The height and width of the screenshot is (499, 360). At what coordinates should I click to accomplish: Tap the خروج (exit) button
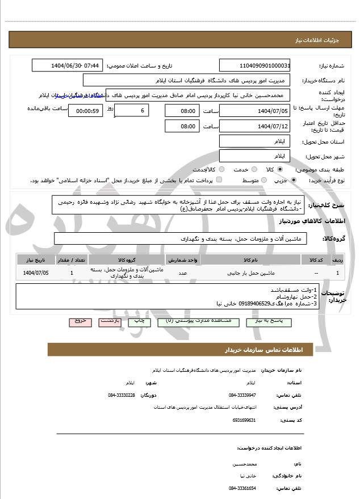pyautogui.click(x=80, y=321)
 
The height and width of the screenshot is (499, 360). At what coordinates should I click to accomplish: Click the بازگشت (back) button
pyautogui.click(x=109, y=321)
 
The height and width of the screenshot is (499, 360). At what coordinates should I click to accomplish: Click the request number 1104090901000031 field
pyautogui.click(x=254, y=65)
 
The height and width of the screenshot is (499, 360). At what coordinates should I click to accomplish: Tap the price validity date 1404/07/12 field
pyautogui.click(x=254, y=125)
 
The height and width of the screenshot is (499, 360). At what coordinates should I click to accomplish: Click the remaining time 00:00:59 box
pyautogui.click(x=85, y=111)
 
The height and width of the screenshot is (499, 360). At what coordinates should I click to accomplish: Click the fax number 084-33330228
pyautogui.click(x=122, y=395)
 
